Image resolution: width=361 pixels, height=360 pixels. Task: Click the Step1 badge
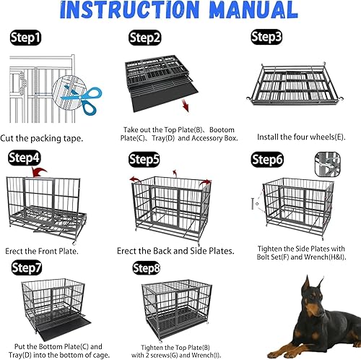coord(26,36)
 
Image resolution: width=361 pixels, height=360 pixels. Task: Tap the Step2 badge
coord(145,38)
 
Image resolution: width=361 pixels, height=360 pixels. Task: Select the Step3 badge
coord(266,36)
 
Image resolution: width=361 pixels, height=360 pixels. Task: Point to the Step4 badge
coord(25,157)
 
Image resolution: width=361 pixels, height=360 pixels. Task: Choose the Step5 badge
coord(144,158)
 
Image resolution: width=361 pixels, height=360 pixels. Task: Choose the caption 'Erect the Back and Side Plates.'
coord(175,251)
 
